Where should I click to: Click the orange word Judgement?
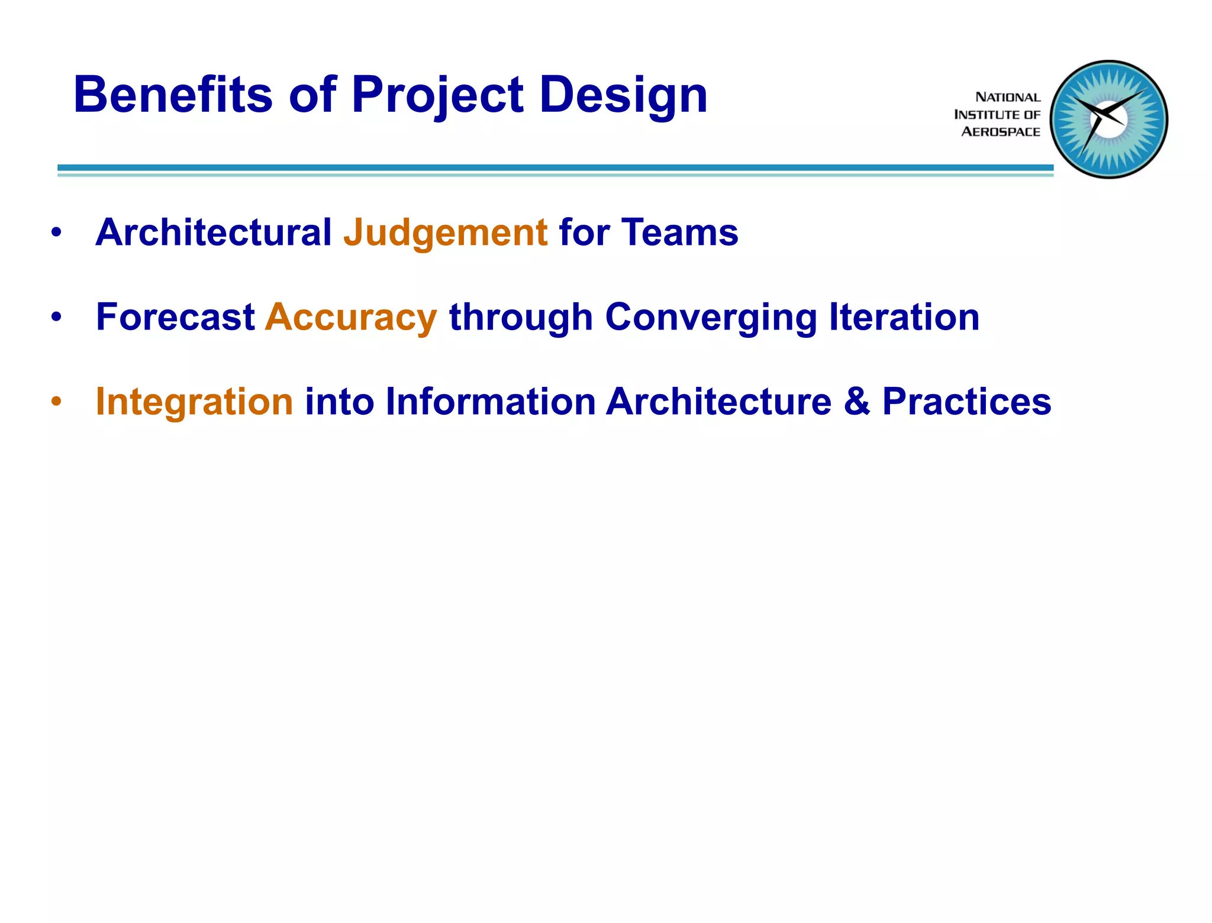click(445, 233)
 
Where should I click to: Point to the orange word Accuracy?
click(351, 317)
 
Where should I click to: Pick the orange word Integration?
click(194, 402)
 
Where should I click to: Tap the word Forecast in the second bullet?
click(175, 317)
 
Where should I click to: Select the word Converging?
click(711, 317)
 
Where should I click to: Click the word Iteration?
click(904, 317)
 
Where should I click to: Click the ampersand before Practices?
click(856, 402)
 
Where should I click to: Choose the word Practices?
click(966, 402)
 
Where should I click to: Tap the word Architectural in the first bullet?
click(214, 233)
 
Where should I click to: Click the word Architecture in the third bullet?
click(718, 402)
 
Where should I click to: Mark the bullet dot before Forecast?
click(56, 317)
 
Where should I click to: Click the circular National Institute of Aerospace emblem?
click(1108, 120)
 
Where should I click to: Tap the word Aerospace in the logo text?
click(1000, 132)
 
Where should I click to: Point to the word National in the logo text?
click(1007, 97)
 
